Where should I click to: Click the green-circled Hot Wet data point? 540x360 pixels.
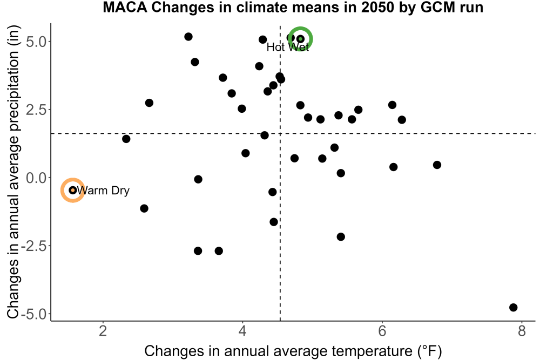tap(300, 39)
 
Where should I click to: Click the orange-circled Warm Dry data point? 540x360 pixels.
tap(73, 190)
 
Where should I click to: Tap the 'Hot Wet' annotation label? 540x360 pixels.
tap(288, 47)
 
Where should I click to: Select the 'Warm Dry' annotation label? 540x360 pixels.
tap(103, 191)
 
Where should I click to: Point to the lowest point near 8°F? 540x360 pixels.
tap(513, 307)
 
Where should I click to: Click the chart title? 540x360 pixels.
tap(293, 7)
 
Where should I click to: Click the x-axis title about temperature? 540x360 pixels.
tap(293, 351)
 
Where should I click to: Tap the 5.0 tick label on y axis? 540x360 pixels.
tap(36, 42)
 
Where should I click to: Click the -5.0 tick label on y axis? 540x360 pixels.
tap(33, 314)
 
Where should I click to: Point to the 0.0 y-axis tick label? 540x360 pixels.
tap(36, 178)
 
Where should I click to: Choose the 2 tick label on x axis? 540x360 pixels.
tap(103, 331)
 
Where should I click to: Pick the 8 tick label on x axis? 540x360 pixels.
tap(522, 331)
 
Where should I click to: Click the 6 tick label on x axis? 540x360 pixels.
tap(382, 331)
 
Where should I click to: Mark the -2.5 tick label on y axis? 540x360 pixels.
tap(33, 246)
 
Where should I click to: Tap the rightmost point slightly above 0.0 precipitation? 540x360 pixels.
tap(437, 165)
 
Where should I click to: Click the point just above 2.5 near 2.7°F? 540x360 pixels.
tap(149, 103)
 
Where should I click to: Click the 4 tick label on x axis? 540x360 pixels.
tap(242, 331)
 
